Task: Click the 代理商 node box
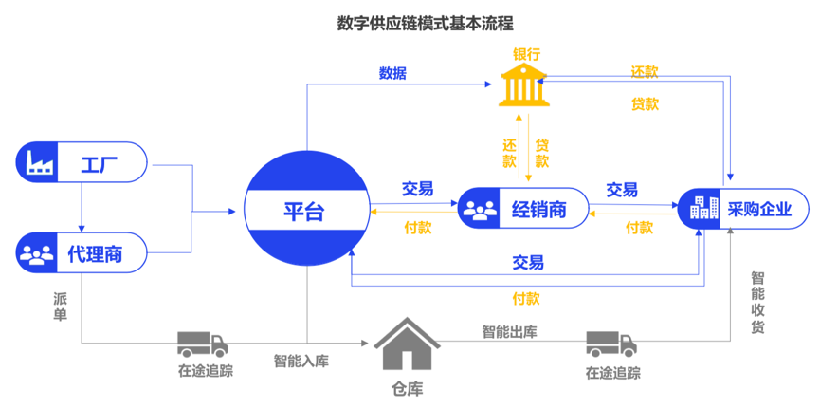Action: pos(82,253)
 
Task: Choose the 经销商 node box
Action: pos(523,209)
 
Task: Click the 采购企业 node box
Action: pos(744,208)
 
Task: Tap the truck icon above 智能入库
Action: pos(203,343)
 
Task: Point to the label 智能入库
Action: pos(301,362)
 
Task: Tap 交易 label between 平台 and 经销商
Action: pos(417,189)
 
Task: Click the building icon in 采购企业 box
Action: pos(704,208)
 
